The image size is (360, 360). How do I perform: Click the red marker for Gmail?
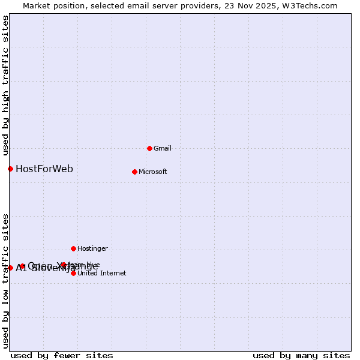149,148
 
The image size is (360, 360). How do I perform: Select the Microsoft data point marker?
134,172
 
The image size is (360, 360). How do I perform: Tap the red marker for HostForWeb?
10,169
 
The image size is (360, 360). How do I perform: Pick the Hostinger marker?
73,248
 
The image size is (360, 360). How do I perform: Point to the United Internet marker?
73,273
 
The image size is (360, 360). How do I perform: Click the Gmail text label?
163,148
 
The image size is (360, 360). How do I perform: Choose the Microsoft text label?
153,172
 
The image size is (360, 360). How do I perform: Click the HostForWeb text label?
44,169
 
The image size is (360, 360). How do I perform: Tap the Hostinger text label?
92,248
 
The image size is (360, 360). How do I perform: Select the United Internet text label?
102,273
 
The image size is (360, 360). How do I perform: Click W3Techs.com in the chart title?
310,5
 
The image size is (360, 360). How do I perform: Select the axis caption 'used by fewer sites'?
62,355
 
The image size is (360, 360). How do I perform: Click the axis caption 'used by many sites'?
301,355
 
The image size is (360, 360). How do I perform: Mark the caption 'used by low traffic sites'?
5,281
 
